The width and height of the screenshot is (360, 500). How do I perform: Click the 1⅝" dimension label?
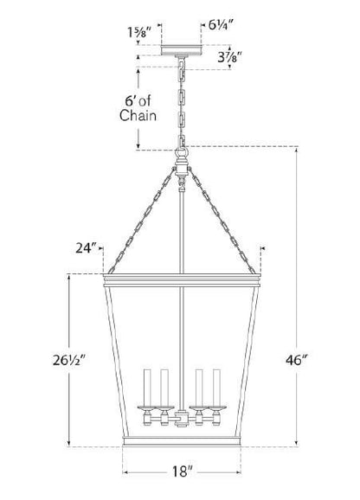point(138,30)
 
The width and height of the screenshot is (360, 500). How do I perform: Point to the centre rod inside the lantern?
point(182,329)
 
